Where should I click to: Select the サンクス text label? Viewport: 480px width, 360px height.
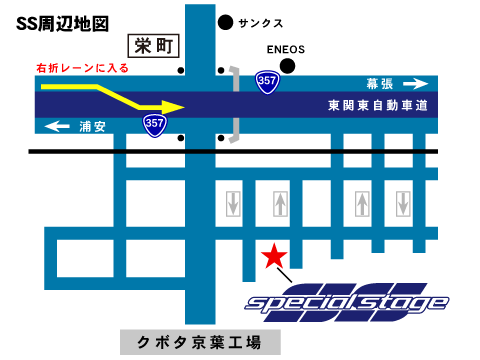261,22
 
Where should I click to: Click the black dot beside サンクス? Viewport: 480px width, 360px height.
225,21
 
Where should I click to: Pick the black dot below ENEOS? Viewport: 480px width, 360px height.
288,67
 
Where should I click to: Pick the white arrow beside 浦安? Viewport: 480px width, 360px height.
59,126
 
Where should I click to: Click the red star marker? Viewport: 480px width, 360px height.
271,257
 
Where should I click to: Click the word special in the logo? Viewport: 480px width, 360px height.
292,303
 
